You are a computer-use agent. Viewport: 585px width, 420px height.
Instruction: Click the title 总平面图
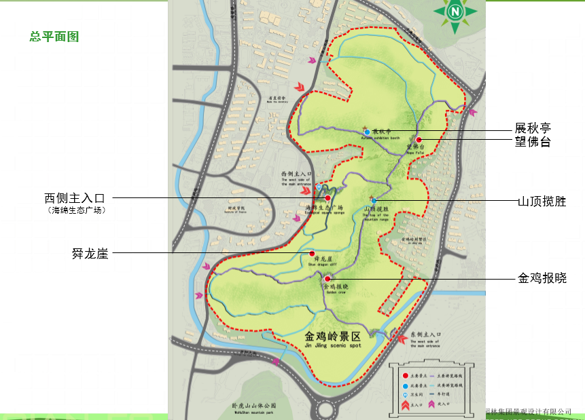(54, 37)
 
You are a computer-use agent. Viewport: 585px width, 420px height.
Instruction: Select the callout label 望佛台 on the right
(533, 142)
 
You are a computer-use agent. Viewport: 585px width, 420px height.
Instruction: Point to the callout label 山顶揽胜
(542, 202)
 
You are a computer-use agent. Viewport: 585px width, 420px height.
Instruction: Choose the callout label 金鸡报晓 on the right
(542, 278)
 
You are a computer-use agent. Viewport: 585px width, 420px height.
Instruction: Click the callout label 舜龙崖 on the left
(90, 254)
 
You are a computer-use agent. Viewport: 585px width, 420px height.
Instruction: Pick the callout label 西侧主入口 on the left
(75, 198)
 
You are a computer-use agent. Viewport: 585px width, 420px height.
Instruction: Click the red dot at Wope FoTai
(419, 140)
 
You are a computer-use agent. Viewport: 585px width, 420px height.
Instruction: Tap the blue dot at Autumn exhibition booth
(368, 132)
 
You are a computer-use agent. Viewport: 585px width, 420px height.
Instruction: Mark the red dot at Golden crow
(327, 278)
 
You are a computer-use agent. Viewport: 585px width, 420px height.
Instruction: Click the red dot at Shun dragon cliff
(312, 253)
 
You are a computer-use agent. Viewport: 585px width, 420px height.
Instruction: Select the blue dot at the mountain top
(374, 201)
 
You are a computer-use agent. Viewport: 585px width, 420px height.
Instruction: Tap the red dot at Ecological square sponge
(327, 198)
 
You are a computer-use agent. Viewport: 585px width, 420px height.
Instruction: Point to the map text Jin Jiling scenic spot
(332, 345)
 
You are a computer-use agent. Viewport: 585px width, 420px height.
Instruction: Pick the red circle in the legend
(406, 375)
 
